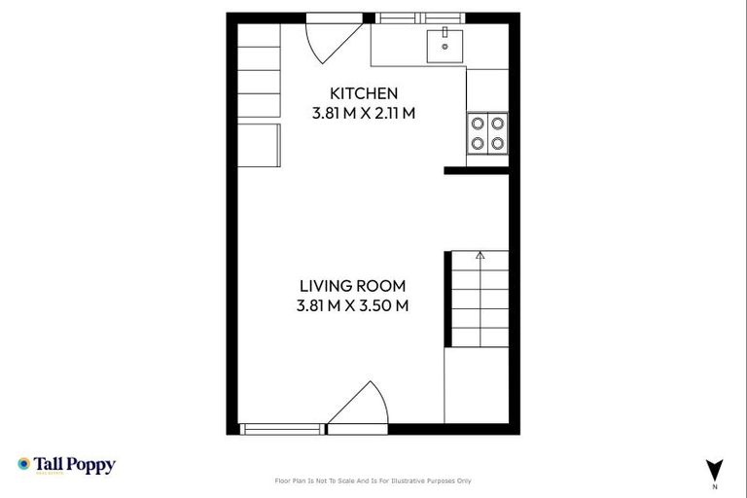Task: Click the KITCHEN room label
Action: (x=364, y=93)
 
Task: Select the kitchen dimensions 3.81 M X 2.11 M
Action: (x=364, y=113)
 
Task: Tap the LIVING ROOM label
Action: (x=352, y=286)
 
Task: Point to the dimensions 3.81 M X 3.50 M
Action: (x=352, y=305)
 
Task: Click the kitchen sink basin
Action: (x=445, y=45)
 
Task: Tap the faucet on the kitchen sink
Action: (x=445, y=32)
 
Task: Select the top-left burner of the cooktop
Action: (x=478, y=124)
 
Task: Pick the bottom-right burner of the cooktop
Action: (x=497, y=143)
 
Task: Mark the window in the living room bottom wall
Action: (x=283, y=428)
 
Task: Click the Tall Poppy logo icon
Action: (x=24, y=465)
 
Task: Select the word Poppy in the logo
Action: (x=93, y=465)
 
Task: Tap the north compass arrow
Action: (x=715, y=467)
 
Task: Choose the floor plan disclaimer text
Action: (x=373, y=480)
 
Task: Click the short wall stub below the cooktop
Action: (x=477, y=170)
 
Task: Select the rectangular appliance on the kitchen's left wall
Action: (x=260, y=145)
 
